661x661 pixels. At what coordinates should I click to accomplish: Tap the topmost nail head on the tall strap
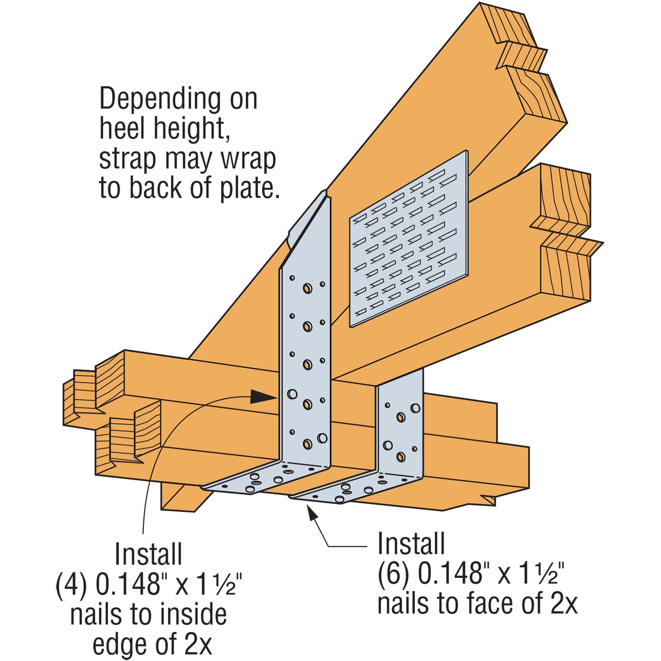(307, 289)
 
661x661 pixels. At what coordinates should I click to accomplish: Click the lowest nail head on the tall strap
(307, 444)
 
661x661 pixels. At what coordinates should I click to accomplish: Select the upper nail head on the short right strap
(401, 417)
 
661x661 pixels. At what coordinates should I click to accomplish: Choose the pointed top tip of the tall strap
(326, 193)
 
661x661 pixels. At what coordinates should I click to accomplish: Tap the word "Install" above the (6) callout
(411, 544)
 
